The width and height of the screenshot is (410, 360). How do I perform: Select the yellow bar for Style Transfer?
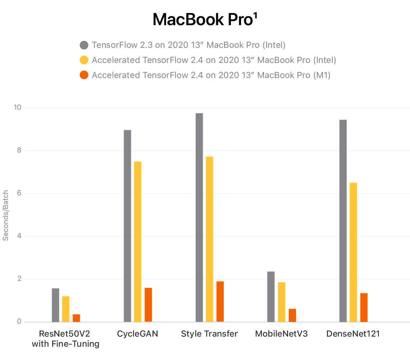[x=209, y=239]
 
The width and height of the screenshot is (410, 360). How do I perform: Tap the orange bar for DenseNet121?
[x=364, y=307]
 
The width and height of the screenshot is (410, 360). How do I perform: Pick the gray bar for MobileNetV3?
[x=271, y=297]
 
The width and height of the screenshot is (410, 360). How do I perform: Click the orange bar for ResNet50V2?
[x=76, y=318]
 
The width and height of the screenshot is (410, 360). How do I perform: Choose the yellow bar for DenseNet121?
[x=353, y=252]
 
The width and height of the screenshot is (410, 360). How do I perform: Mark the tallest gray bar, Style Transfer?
[x=199, y=217]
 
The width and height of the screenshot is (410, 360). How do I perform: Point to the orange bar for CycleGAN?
[x=148, y=305]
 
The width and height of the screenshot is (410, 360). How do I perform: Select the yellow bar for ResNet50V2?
[x=65, y=309]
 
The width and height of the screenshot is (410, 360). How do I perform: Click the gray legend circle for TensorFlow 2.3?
[x=84, y=45]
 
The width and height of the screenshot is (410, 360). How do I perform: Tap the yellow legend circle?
[x=84, y=60]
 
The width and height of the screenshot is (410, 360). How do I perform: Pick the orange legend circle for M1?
[x=84, y=76]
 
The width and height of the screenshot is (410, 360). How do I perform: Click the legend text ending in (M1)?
[x=211, y=76]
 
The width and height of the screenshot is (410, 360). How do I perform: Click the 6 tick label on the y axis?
[x=19, y=193]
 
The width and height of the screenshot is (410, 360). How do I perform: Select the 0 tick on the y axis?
[x=19, y=322]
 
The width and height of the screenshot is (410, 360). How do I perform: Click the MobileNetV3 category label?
[x=281, y=334]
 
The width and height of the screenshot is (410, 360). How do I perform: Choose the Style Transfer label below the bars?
[x=209, y=334]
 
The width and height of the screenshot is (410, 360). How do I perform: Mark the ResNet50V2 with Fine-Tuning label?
[x=65, y=339]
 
